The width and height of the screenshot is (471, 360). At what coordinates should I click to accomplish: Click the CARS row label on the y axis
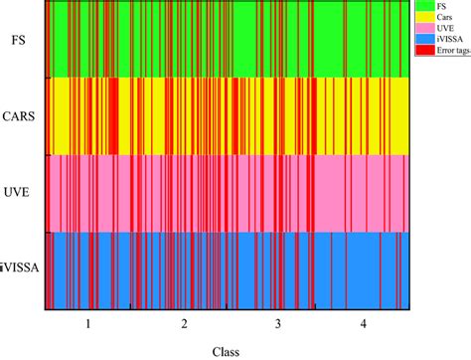click(19, 116)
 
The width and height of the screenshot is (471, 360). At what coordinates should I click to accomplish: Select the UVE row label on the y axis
click(19, 193)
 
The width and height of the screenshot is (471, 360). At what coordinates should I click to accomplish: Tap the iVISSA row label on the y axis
click(19, 270)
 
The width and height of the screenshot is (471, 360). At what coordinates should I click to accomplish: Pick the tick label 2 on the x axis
click(185, 324)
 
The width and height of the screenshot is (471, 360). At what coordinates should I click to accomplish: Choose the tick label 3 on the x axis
click(278, 324)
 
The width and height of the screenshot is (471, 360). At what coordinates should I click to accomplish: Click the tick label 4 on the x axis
click(363, 324)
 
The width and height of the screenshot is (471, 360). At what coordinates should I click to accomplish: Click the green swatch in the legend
click(420, 7)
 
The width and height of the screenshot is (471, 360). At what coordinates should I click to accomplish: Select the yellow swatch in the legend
click(420, 19)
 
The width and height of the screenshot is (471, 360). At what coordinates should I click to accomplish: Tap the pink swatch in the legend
click(420, 30)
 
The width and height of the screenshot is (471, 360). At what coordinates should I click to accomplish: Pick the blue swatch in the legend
click(420, 41)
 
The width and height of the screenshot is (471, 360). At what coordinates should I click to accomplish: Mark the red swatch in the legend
click(420, 52)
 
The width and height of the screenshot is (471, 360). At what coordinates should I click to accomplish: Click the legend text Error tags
click(448, 52)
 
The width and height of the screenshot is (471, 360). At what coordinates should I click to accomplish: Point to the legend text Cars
click(441, 19)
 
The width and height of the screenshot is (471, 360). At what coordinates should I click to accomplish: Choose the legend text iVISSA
click(444, 41)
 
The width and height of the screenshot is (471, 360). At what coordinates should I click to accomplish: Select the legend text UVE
click(441, 30)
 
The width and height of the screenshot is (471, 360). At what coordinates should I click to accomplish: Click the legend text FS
click(438, 7)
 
